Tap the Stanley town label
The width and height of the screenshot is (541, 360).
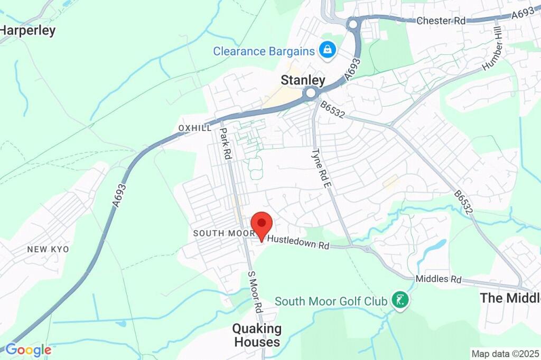coord(303,80)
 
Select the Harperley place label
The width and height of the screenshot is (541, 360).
coord(27,31)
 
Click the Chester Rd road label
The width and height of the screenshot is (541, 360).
coord(441,21)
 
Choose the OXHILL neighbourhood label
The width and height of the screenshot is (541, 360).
coord(195,128)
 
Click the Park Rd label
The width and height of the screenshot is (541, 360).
coord(226,144)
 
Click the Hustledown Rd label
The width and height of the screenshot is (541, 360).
coord(298,242)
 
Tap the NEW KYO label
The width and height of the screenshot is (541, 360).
coord(48,249)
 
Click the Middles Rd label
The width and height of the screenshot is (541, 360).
coord(439,279)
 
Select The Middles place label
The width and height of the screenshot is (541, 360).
coord(510,298)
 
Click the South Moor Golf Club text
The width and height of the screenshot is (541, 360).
coord(331,301)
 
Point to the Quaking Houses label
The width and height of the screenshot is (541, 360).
coord(257,335)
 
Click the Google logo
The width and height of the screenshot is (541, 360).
coord(28,349)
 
